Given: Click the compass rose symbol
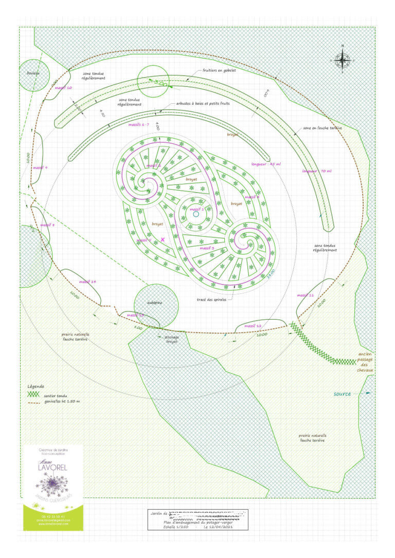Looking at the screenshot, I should point(343,60).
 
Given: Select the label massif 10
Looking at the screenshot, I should point(63,88).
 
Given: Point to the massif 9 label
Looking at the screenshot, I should point(40,168).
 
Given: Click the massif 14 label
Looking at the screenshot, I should point(88,282).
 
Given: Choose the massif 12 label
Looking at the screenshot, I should point(253,326).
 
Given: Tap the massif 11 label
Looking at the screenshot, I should point(305,295).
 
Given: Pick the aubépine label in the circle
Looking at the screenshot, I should point(155,303).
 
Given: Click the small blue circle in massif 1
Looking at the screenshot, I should point(196,214).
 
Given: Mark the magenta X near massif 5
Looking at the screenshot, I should point(163,239).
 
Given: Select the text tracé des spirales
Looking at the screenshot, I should point(212,299).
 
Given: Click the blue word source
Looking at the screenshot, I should point(342,394).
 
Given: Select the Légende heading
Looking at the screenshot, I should point(35,386).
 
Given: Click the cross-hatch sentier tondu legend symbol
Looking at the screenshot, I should point(33,394).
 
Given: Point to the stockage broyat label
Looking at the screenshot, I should point(171,339).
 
